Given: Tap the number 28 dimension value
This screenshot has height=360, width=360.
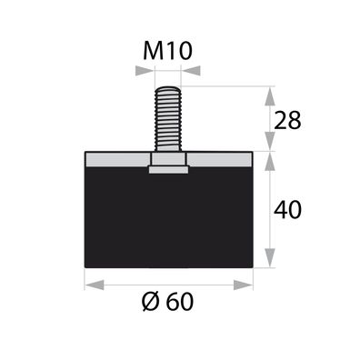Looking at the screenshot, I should [x=288, y=120].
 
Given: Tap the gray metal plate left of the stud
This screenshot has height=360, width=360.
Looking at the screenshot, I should [x=115, y=159].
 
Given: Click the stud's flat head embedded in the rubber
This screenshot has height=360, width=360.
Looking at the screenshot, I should [x=170, y=166].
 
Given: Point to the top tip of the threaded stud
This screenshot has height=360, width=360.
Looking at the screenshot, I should [x=170, y=87].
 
